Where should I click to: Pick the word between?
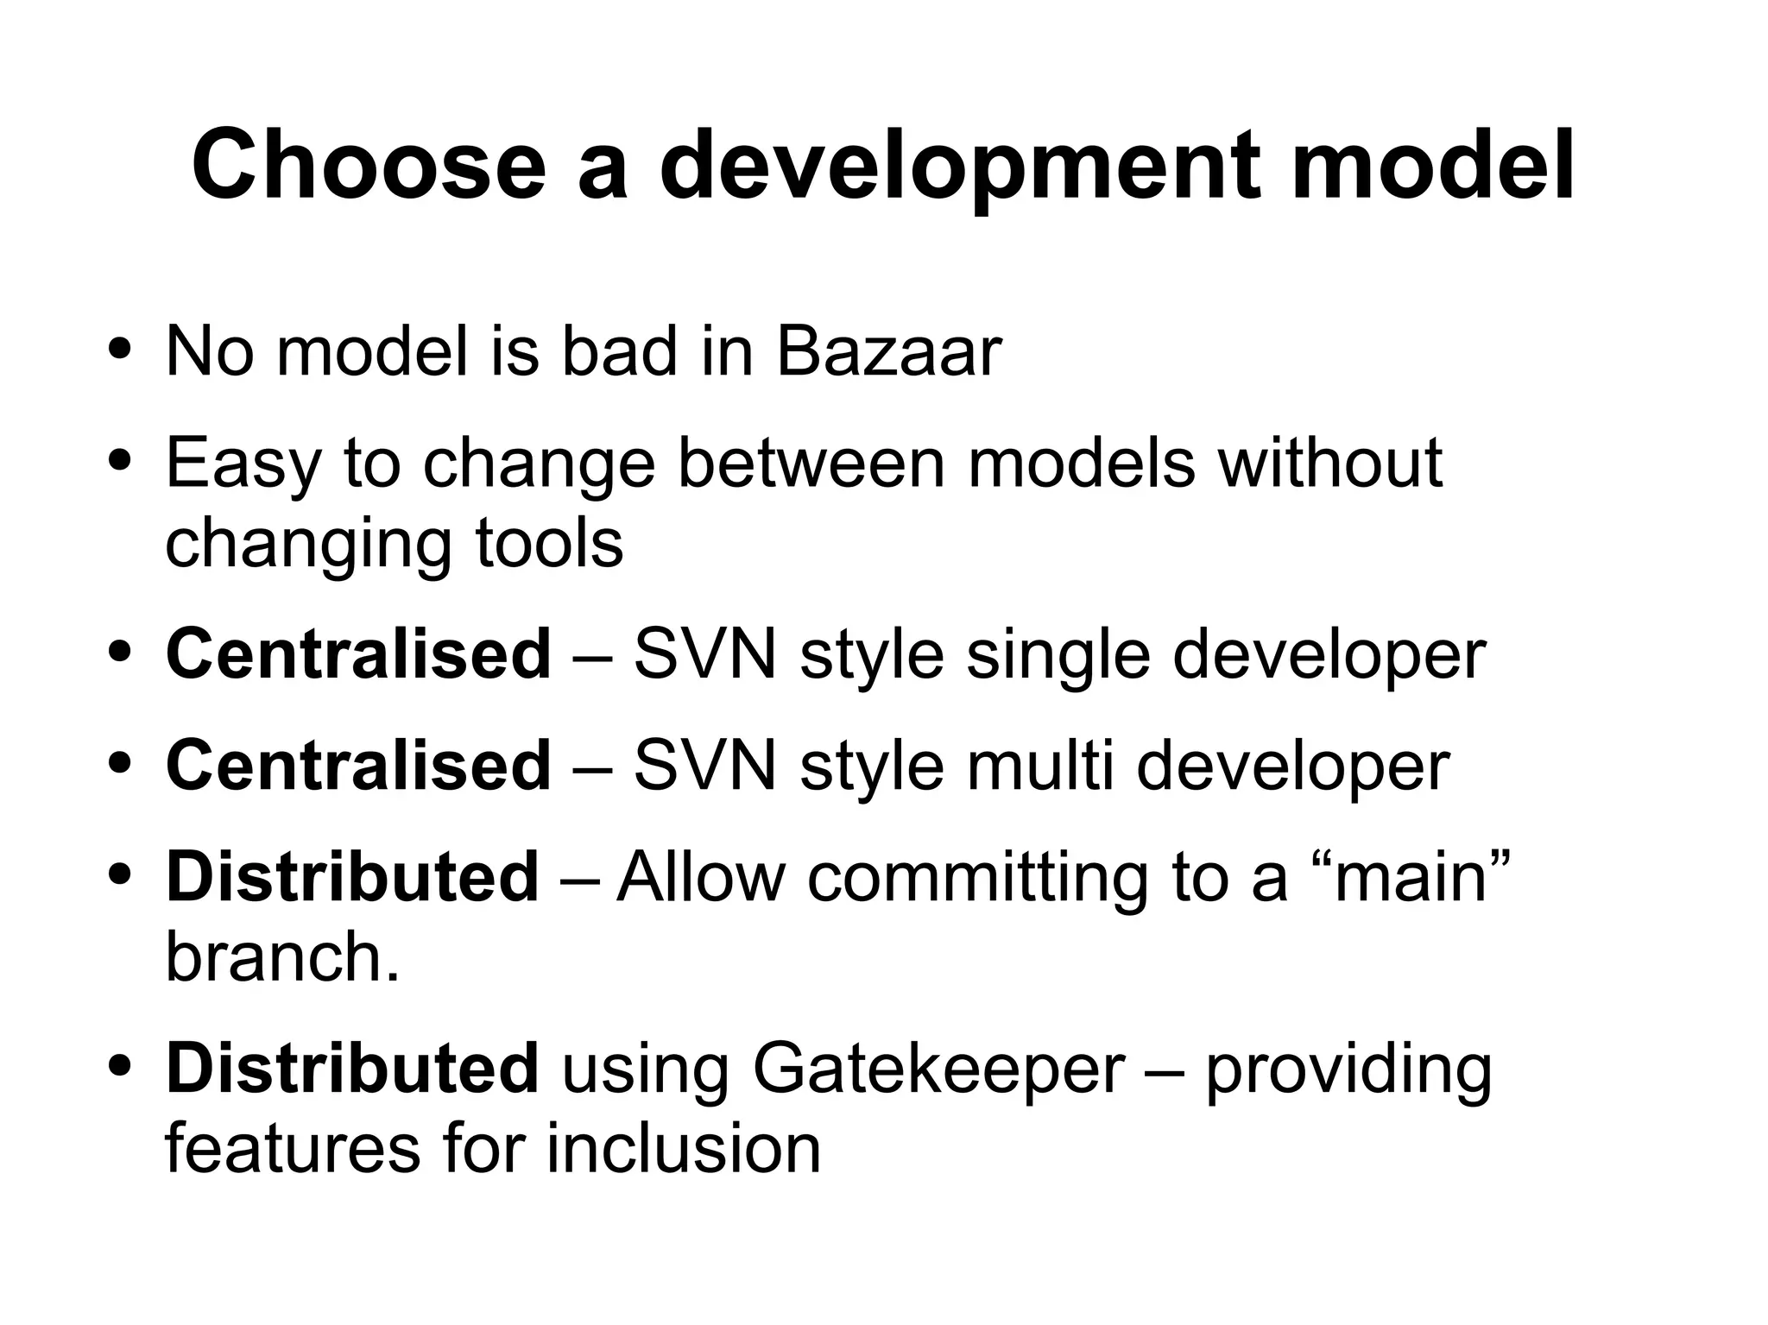(x=811, y=463)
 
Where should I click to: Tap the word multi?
(x=1040, y=766)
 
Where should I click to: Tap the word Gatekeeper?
(x=938, y=1069)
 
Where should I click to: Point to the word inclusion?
(x=683, y=1149)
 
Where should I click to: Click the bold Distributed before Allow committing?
(x=352, y=877)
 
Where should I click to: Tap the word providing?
(x=1348, y=1069)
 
